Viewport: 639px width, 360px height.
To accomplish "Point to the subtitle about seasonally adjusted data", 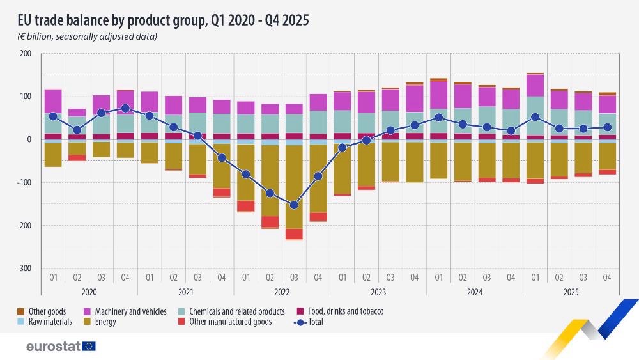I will [x=88, y=36].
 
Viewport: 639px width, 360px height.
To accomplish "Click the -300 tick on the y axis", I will [x=24, y=269].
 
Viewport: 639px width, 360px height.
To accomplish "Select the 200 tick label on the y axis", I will [x=26, y=54].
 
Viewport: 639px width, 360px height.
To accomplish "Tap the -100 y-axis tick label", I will [x=24, y=183].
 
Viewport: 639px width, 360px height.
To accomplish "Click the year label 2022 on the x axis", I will [x=282, y=291].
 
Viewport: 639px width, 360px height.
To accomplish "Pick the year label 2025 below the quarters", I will [x=571, y=291].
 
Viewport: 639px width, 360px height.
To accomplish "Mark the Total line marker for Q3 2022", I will [x=294, y=205].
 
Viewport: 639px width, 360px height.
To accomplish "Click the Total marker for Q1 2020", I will [x=53, y=116].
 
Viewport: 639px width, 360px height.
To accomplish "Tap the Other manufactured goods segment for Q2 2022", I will [x=270, y=222].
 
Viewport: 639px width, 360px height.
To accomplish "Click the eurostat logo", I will [x=61, y=346].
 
